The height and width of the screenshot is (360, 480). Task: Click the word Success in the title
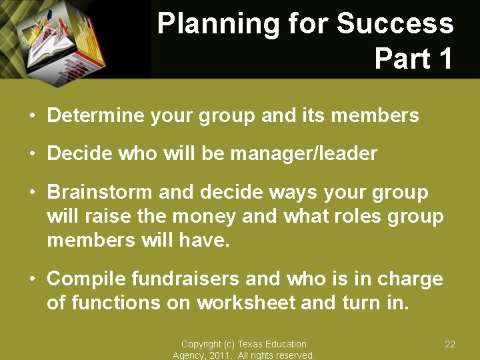(x=395, y=25)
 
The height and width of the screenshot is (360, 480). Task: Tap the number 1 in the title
(x=442, y=59)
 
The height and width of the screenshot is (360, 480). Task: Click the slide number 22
(x=450, y=344)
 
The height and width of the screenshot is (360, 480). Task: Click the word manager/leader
(x=303, y=154)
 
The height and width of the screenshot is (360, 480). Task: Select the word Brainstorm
(x=100, y=193)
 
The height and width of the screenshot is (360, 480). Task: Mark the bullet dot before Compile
(x=31, y=279)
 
